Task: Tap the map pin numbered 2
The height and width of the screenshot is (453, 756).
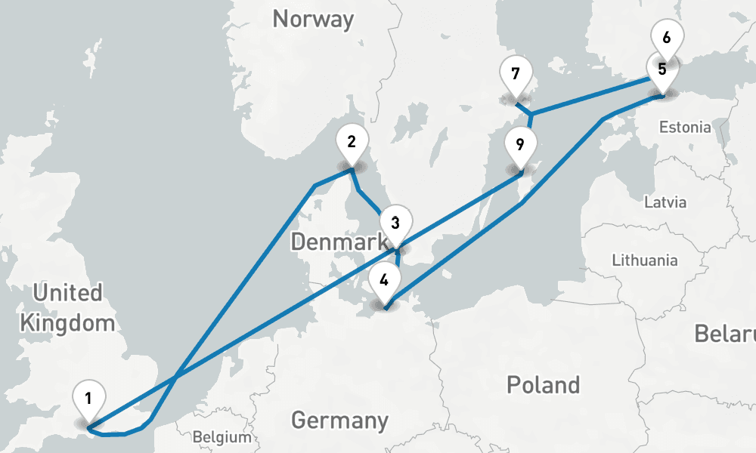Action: click(351, 141)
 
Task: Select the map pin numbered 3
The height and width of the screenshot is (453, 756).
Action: click(395, 223)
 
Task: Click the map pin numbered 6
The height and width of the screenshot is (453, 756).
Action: click(666, 37)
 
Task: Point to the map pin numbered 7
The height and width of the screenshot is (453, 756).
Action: click(516, 74)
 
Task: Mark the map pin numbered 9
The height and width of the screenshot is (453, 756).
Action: click(520, 144)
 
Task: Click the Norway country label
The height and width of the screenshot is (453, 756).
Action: click(313, 19)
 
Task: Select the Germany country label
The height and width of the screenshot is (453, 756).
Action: click(339, 420)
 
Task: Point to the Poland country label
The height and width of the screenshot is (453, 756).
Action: click(543, 384)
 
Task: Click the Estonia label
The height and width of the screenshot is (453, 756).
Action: click(684, 127)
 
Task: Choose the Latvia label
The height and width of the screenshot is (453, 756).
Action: click(665, 202)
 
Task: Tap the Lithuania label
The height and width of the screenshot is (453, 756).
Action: click(645, 260)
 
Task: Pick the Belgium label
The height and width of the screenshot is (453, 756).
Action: click(222, 436)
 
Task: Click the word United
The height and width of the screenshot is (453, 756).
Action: click(67, 293)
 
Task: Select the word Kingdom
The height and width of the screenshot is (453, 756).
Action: click(67, 323)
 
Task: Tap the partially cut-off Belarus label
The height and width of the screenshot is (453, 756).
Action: click(726, 334)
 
